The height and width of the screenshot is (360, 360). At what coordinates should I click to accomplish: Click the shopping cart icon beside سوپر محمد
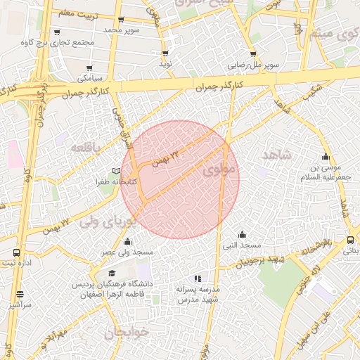coord(122,20)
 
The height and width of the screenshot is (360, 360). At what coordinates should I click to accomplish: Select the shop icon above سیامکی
coord(82,67)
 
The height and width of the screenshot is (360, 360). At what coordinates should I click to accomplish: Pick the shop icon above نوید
coord(165,53)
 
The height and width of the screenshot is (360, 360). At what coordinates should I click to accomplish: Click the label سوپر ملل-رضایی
coord(253,65)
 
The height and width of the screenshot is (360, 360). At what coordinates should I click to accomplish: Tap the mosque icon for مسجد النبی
coord(243,234)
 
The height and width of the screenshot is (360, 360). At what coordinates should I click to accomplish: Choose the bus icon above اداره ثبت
coord(17,252)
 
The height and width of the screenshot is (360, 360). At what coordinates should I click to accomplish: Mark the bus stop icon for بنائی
coord(350,240)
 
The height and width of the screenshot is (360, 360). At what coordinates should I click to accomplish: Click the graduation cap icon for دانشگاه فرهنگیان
coord(112,273)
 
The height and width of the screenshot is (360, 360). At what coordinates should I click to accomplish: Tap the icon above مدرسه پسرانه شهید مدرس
coord(198,278)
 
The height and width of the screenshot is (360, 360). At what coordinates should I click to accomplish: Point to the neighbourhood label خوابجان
coord(126,333)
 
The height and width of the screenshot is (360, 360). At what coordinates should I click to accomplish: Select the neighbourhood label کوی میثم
coord(330,33)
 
